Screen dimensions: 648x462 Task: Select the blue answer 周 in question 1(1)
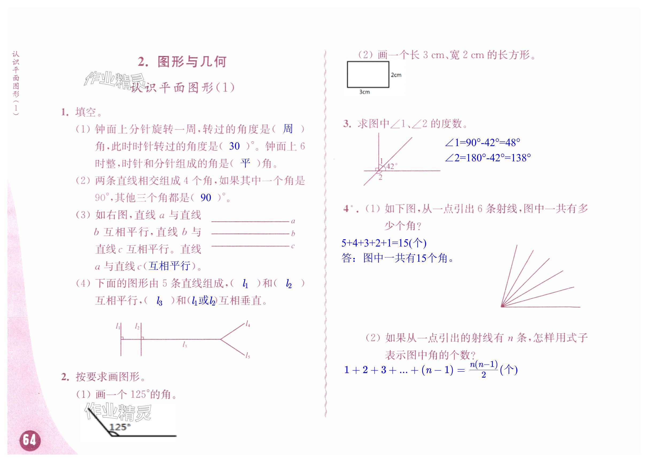[288, 129]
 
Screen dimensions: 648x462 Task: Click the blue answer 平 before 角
[245, 163]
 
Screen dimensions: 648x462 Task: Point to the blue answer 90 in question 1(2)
[205, 198]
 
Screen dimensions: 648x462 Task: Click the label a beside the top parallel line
[293, 221]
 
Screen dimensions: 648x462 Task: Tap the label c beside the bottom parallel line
[293, 246]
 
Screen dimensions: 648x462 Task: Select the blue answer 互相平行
[170, 266]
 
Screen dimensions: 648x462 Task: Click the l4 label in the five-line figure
[248, 324]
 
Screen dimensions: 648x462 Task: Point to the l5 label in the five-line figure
[248, 356]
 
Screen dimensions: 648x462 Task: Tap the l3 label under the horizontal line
[185, 345]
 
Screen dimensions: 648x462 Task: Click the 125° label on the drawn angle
[120, 427]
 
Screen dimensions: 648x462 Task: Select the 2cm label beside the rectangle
[396, 75]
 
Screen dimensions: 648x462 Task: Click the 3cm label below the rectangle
[364, 92]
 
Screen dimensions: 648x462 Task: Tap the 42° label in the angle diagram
[391, 166]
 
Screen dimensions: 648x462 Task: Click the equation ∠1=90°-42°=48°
[482, 143]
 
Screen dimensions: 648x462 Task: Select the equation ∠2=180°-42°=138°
[488, 158]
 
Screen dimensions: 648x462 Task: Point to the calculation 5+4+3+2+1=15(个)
[384, 243]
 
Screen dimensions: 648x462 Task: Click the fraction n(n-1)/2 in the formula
[483, 370]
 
